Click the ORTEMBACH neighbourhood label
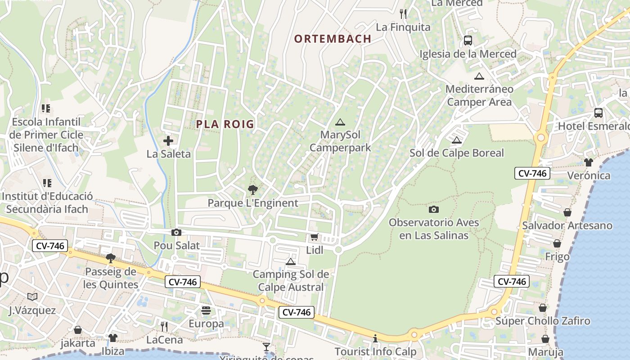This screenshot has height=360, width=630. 333,39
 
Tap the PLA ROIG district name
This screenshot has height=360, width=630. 225,124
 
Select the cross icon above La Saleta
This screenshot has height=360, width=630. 168,141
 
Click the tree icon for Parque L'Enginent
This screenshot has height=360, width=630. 253,190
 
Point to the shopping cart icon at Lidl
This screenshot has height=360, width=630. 314,237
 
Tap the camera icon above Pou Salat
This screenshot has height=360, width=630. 176,232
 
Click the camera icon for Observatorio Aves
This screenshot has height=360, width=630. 434,209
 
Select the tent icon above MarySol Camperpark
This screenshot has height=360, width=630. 340,122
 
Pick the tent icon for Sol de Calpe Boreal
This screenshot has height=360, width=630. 457,140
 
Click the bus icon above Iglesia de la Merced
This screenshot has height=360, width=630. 468,40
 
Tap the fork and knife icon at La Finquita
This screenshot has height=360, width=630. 403,14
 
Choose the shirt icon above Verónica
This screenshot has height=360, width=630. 589,162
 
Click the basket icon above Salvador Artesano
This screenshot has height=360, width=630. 567,212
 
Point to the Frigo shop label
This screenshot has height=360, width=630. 557,256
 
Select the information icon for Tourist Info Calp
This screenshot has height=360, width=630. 375,338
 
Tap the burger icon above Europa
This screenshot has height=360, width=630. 206,310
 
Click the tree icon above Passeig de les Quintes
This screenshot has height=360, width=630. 111,258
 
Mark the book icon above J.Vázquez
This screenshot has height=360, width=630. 32,297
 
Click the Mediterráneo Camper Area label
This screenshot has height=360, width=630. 479,95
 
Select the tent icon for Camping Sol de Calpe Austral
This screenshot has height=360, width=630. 291,261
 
